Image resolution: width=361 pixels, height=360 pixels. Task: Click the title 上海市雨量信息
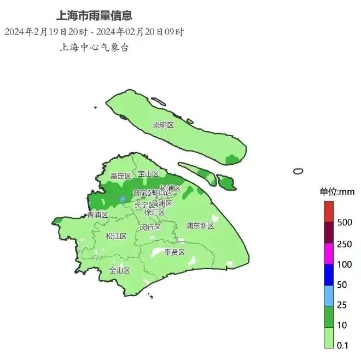(x=94, y=15)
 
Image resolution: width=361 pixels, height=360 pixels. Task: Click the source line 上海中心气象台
(x=94, y=47)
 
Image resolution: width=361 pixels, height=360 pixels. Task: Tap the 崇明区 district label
(x=163, y=125)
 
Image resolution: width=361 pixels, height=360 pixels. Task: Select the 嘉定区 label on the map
(x=120, y=176)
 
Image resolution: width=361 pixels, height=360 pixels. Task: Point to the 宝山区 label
(x=148, y=174)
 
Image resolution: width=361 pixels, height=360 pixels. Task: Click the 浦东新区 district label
(x=200, y=225)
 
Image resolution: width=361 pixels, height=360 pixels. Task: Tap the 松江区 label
(x=116, y=236)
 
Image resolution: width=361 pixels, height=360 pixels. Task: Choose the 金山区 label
(x=119, y=270)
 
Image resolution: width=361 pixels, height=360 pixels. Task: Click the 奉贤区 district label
(x=175, y=252)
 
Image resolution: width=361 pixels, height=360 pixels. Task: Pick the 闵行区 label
(x=150, y=227)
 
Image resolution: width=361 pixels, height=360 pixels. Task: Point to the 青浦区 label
(x=97, y=215)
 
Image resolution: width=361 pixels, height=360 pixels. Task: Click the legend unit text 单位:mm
(x=337, y=191)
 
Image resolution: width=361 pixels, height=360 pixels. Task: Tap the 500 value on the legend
(x=344, y=223)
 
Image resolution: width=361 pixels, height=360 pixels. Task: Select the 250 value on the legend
(x=344, y=244)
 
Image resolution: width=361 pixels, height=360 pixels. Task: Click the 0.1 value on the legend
(x=342, y=345)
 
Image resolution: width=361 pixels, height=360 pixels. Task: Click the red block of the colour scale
(x=328, y=211)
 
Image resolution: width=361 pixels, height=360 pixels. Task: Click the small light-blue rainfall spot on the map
(x=123, y=198)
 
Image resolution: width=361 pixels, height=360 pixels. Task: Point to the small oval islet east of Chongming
(x=298, y=171)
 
